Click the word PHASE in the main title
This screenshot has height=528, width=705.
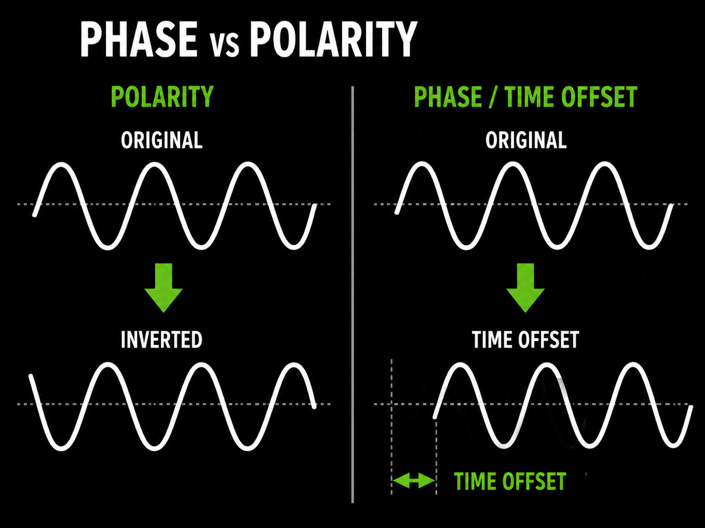coord(139,39)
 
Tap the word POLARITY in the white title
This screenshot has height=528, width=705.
coord(334,39)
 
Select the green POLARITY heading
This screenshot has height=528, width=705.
coord(162,97)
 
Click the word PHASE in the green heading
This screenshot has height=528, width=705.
coord(448,97)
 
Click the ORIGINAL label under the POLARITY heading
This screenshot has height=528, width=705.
coord(162,140)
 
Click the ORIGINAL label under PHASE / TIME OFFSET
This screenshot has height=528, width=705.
coord(526,140)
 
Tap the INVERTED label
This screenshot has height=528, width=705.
coord(162,340)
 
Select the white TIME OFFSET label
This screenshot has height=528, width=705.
coord(526,340)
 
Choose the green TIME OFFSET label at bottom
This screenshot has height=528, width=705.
coord(510,481)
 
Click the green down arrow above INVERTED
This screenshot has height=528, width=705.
coord(164,287)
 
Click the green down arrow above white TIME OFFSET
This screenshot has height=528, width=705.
coord(526,287)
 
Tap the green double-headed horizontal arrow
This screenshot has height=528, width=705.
coord(414,481)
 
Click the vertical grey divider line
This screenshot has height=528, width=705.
coord(353,294)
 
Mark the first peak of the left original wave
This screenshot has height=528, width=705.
coord(61,165)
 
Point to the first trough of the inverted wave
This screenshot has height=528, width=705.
coord(61,448)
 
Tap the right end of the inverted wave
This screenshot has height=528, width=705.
coord(314,407)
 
